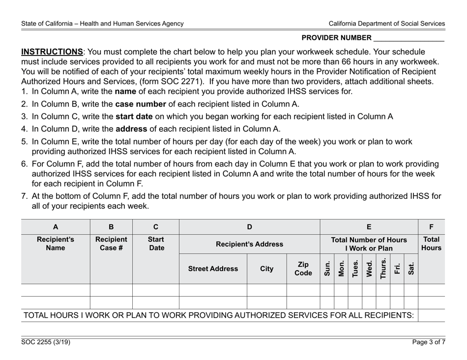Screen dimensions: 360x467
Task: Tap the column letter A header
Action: (55, 227)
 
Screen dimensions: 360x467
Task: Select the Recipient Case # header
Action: (111, 244)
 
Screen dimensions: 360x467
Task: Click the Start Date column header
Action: (156, 244)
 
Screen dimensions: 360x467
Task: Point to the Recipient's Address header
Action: (249, 244)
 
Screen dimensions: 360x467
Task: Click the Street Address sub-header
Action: (212, 269)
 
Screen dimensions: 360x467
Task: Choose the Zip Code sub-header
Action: (303, 269)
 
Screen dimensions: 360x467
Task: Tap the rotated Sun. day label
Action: (327, 269)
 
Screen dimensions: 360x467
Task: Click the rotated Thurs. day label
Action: (383, 269)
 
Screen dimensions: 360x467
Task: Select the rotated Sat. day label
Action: (411, 269)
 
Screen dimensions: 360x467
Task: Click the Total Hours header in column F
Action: (432, 244)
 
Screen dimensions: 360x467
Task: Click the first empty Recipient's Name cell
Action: (55, 290)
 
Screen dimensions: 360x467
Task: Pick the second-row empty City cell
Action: (266, 303)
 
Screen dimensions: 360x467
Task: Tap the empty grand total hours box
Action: (431, 315)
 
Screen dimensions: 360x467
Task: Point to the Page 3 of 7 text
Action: (429, 342)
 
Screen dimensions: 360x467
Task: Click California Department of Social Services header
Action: (387, 23)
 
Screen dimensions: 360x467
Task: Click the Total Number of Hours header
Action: (369, 244)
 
